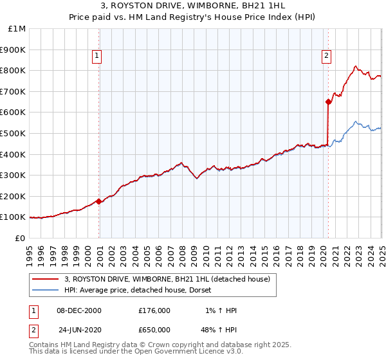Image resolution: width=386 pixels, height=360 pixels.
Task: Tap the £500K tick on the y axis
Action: point(15,133)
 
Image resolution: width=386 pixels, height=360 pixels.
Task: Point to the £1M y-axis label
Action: point(17,29)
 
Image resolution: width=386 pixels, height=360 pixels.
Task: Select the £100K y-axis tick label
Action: point(15,217)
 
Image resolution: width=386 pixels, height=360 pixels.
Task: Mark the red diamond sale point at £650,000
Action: point(329,102)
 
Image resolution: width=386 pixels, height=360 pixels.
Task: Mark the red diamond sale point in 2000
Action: point(99,201)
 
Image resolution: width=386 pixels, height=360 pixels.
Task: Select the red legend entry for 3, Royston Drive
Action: point(171,279)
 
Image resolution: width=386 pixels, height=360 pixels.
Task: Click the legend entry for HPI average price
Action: point(142,290)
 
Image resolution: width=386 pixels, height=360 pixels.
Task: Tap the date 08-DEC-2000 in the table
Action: point(80,310)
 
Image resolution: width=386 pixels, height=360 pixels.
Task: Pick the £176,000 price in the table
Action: point(154,310)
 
